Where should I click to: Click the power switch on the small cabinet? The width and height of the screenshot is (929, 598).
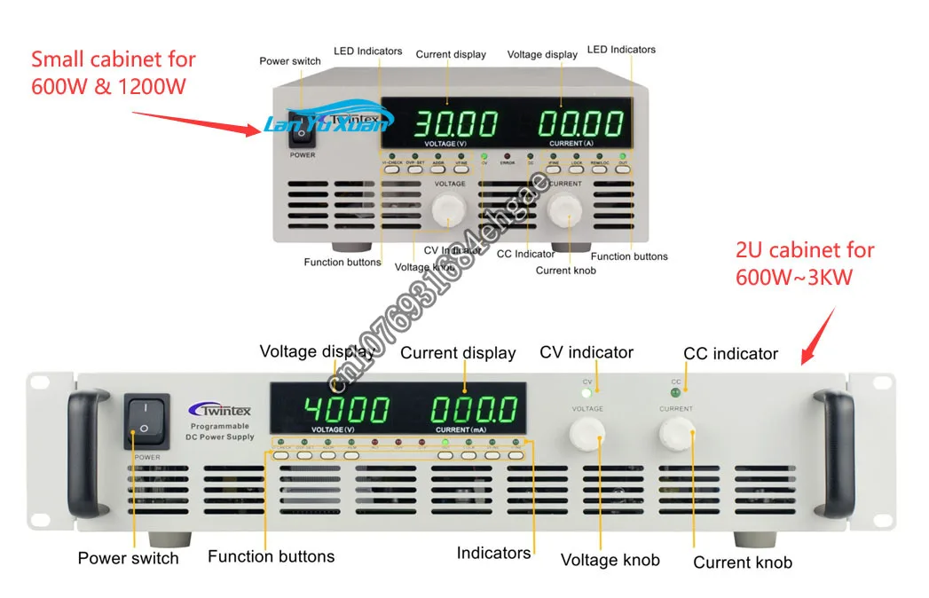coord(303,130)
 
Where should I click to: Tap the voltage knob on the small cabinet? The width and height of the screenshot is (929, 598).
coord(448,210)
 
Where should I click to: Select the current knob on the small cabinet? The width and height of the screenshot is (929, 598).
coord(564,210)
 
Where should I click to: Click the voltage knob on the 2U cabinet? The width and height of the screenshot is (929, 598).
coord(587,435)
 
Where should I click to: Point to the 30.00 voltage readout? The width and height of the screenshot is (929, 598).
coord(445,122)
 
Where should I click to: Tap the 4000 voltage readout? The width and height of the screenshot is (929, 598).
coord(346,410)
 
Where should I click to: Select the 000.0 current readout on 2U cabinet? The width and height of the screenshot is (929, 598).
coord(474,410)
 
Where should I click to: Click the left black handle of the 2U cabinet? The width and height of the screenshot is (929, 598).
coord(87,452)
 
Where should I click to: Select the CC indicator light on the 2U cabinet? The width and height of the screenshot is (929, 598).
coord(676,391)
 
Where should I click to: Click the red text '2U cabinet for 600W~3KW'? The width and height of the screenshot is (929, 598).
coord(805,264)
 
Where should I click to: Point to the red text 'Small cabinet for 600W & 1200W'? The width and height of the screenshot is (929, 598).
coord(113,75)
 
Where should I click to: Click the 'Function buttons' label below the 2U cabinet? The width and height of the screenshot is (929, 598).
coord(271,557)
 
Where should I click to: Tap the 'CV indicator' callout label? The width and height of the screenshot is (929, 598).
coord(587,352)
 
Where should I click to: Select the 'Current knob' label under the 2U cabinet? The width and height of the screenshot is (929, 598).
coord(742,562)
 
